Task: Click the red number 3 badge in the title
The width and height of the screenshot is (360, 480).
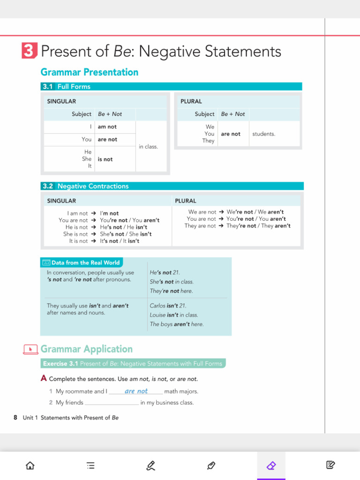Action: click(29, 51)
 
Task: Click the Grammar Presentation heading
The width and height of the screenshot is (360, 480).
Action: click(89, 72)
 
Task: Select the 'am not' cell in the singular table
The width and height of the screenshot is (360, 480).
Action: click(107, 127)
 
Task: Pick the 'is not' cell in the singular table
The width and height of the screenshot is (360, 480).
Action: click(105, 159)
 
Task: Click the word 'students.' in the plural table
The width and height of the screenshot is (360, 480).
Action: click(264, 134)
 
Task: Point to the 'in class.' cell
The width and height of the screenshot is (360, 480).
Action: click(149, 147)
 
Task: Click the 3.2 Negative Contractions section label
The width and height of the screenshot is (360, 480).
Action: click(85, 186)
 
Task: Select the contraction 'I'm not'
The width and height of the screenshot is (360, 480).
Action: click(109, 213)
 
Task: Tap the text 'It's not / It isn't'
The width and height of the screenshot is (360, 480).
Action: click(120, 241)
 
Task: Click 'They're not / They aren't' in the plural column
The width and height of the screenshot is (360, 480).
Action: click(258, 226)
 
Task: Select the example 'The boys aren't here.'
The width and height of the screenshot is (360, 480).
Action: click(177, 324)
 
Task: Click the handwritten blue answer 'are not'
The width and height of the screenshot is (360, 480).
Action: click(136, 391)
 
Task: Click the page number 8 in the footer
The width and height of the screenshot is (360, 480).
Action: click(15, 418)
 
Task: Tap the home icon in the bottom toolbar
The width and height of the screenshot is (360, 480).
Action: click(30, 465)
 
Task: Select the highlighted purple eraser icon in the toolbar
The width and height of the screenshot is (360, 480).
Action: click(271, 465)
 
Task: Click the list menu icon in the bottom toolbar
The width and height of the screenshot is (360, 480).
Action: click(90, 465)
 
